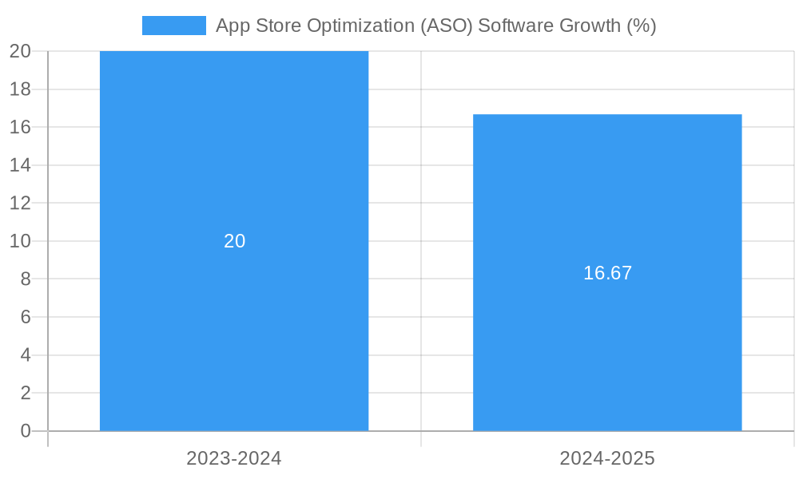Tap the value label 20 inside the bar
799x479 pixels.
click(x=235, y=241)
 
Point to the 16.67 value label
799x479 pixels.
click(x=607, y=273)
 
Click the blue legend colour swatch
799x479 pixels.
click(x=173, y=26)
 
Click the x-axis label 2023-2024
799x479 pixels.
click(x=234, y=458)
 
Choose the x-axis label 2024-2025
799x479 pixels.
click(x=607, y=458)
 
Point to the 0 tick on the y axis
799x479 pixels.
click(x=26, y=431)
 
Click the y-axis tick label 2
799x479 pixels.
click(x=26, y=393)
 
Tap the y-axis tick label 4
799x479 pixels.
click(x=26, y=354)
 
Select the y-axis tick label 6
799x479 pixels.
click(x=26, y=317)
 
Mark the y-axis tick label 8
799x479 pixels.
click(x=26, y=279)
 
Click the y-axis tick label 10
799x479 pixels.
click(x=21, y=241)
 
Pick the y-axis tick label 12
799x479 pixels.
click(x=21, y=203)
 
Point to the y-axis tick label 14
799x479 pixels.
click(x=21, y=165)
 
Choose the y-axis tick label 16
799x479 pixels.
click(x=21, y=127)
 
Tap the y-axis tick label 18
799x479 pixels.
click(x=21, y=89)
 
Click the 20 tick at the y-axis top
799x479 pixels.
click(x=21, y=51)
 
